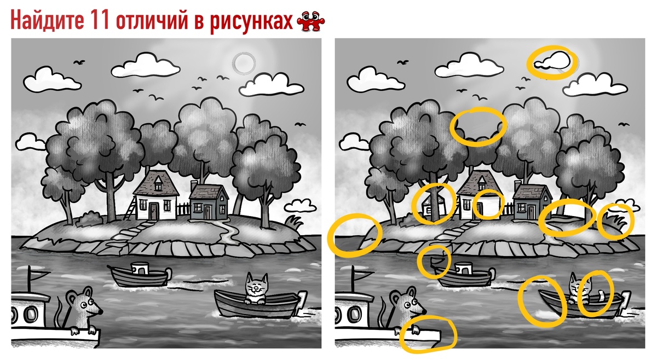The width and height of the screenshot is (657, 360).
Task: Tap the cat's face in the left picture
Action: [255, 288]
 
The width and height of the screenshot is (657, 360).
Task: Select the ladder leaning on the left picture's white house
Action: [130, 208]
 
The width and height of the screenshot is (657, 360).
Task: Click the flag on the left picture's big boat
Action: [39, 272]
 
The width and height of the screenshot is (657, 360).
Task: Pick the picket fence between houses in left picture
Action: [183, 208]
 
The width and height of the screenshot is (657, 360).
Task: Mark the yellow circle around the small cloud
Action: [552, 61]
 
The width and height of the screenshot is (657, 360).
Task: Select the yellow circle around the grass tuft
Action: [615, 222]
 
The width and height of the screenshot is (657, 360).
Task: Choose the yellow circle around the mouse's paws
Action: [427, 334]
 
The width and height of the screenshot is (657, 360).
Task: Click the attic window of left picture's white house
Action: [158, 185]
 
